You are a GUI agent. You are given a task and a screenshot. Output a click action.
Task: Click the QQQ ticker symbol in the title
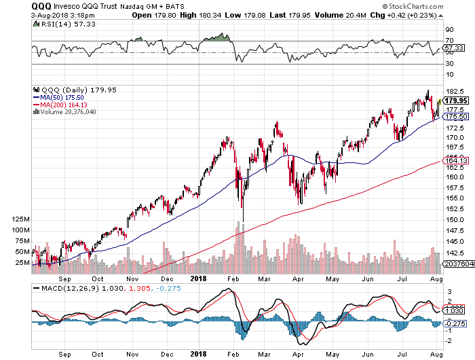[x=41, y=6]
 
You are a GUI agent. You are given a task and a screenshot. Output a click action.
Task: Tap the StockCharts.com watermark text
[x=413, y=6]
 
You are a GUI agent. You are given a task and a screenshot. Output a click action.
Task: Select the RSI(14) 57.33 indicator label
[x=68, y=24]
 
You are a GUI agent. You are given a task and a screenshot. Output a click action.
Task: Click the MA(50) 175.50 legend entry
[x=58, y=98]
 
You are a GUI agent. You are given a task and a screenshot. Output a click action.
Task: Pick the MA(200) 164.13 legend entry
[x=60, y=105]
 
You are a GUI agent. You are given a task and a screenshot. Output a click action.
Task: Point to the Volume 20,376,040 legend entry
[x=64, y=112]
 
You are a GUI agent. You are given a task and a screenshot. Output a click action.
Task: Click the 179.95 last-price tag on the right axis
[x=456, y=101]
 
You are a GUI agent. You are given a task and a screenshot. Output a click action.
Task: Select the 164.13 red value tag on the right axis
[x=456, y=160]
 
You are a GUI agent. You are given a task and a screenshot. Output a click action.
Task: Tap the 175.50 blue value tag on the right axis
[x=456, y=116]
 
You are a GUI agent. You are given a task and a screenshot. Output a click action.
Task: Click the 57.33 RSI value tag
[x=453, y=48]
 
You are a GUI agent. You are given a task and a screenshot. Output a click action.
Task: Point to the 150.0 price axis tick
[x=455, y=219]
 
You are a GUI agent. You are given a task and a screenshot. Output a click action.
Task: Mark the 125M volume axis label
[x=20, y=219]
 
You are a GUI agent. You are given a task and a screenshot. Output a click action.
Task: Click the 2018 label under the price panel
[x=198, y=278]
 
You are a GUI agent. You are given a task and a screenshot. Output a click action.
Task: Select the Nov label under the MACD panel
[x=132, y=355]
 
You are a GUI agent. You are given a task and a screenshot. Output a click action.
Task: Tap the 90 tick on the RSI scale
[x=449, y=30]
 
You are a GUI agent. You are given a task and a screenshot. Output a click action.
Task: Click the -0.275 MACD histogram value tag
[x=455, y=323]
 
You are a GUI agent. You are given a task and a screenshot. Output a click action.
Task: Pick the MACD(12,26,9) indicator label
[x=71, y=288]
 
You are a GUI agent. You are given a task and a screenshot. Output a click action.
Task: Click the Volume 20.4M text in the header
[x=341, y=15]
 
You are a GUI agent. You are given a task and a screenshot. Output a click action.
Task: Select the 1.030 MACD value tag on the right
[x=453, y=310]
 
